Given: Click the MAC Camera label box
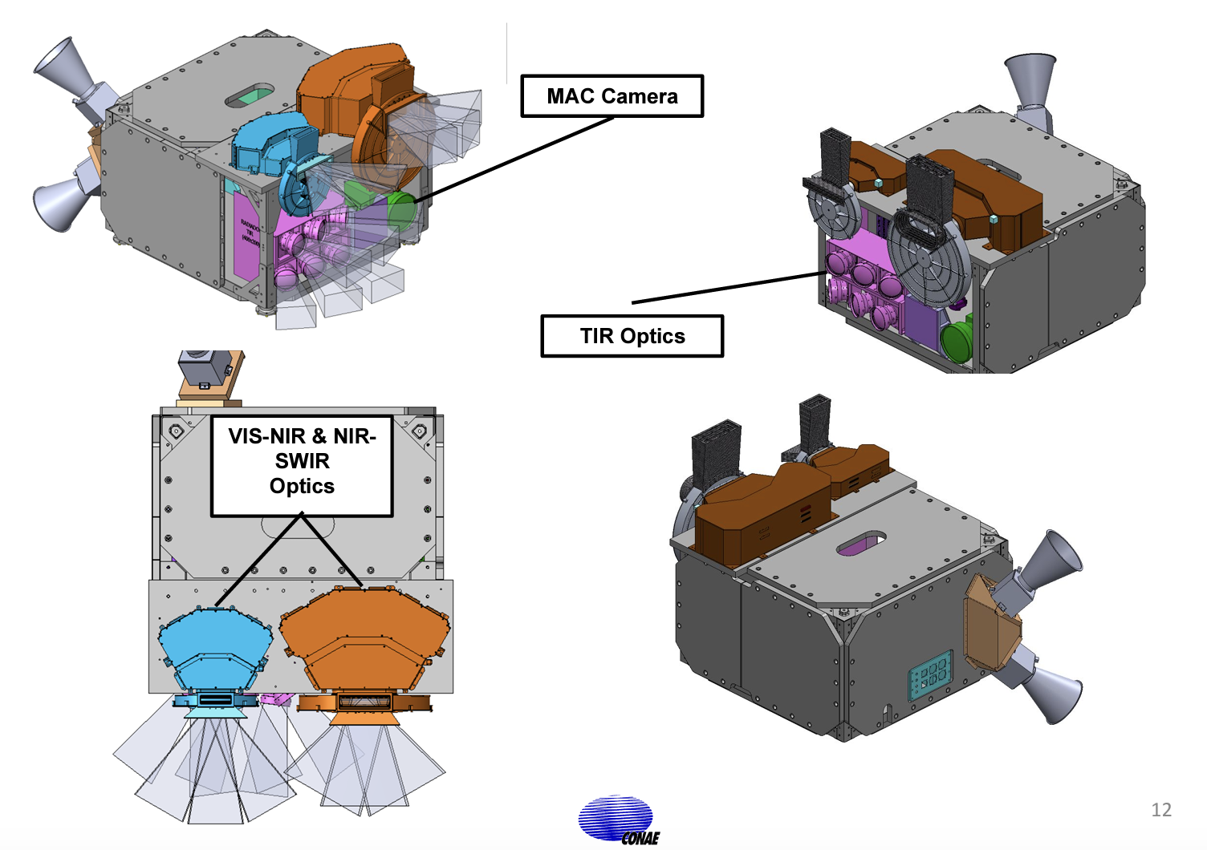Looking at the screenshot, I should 612,96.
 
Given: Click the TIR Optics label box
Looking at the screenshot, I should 632,336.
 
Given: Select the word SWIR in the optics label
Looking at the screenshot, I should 302,461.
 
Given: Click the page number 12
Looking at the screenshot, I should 1160,810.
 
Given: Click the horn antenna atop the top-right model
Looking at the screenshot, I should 1030,80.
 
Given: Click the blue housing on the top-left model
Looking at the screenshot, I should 269,144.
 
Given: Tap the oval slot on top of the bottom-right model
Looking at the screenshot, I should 860,544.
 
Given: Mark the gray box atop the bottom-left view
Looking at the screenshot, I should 205,371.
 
